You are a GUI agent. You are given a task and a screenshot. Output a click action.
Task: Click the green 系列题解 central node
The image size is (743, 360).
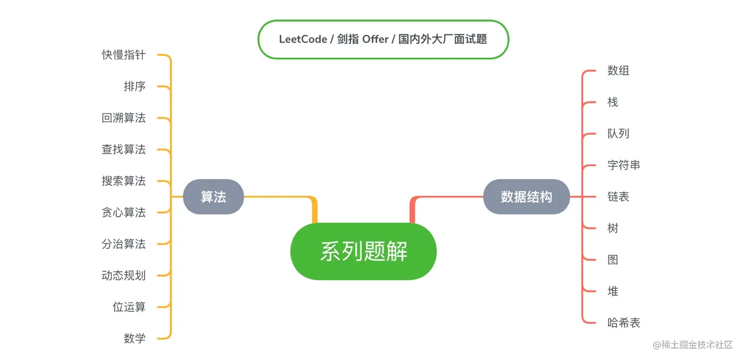tap(364, 251)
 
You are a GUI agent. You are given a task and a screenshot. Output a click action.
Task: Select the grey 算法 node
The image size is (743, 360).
tap(213, 197)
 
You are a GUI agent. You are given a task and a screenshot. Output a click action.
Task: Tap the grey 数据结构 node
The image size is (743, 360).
tap(526, 197)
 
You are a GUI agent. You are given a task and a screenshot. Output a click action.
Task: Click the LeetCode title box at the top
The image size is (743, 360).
tap(383, 39)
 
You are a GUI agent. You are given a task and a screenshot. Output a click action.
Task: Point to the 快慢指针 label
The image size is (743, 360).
tap(124, 55)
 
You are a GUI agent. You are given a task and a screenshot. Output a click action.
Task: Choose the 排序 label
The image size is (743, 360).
tap(135, 86)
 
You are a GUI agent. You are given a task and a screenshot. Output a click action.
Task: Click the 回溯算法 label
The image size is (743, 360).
tap(124, 118)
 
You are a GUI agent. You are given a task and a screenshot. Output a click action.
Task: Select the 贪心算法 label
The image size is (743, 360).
tap(124, 212)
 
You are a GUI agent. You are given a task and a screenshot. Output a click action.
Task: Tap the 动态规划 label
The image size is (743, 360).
tap(124, 275)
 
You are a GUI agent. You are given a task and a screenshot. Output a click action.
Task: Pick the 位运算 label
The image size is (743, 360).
tap(129, 307)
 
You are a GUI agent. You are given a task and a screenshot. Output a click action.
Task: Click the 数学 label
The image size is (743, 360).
tap(135, 339)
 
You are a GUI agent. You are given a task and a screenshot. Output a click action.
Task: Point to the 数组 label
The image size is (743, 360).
tap(618, 71)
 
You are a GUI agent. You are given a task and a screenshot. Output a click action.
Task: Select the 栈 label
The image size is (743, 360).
tap(613, 102)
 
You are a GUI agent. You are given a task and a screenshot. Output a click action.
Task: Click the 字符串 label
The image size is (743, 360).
tap(624, 165)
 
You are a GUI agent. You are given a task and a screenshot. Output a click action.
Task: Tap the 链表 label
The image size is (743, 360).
tap(618, 197)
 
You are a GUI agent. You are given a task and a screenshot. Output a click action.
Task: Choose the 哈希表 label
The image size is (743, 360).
tap(624, 323)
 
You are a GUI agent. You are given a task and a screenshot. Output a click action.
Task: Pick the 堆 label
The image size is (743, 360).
tap(613, 291)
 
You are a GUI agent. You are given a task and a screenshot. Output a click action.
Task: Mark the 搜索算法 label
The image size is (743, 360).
tap(124, 181)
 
